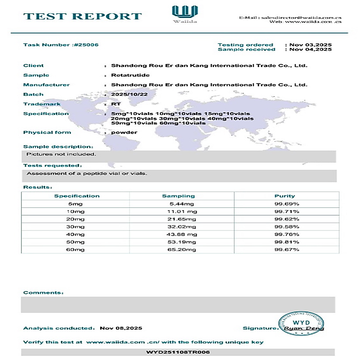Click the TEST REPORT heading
83,16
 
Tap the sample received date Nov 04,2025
310,50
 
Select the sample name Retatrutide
130,75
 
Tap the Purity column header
285,196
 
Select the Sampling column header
178,196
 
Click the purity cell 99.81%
287,242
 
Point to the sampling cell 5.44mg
182,204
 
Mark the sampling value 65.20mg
182,250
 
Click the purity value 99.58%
287,227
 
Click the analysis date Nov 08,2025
121,328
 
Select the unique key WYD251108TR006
178,352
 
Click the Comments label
43,292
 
